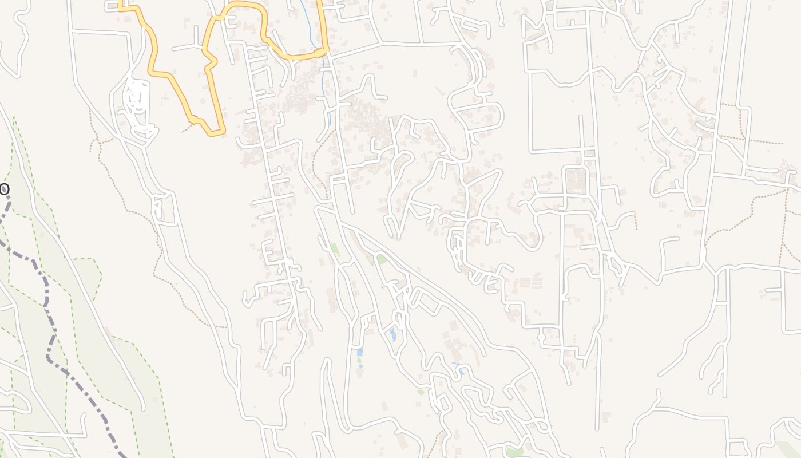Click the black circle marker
4,189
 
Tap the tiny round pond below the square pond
360,366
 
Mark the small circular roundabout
542,337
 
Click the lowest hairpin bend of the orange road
215,133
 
